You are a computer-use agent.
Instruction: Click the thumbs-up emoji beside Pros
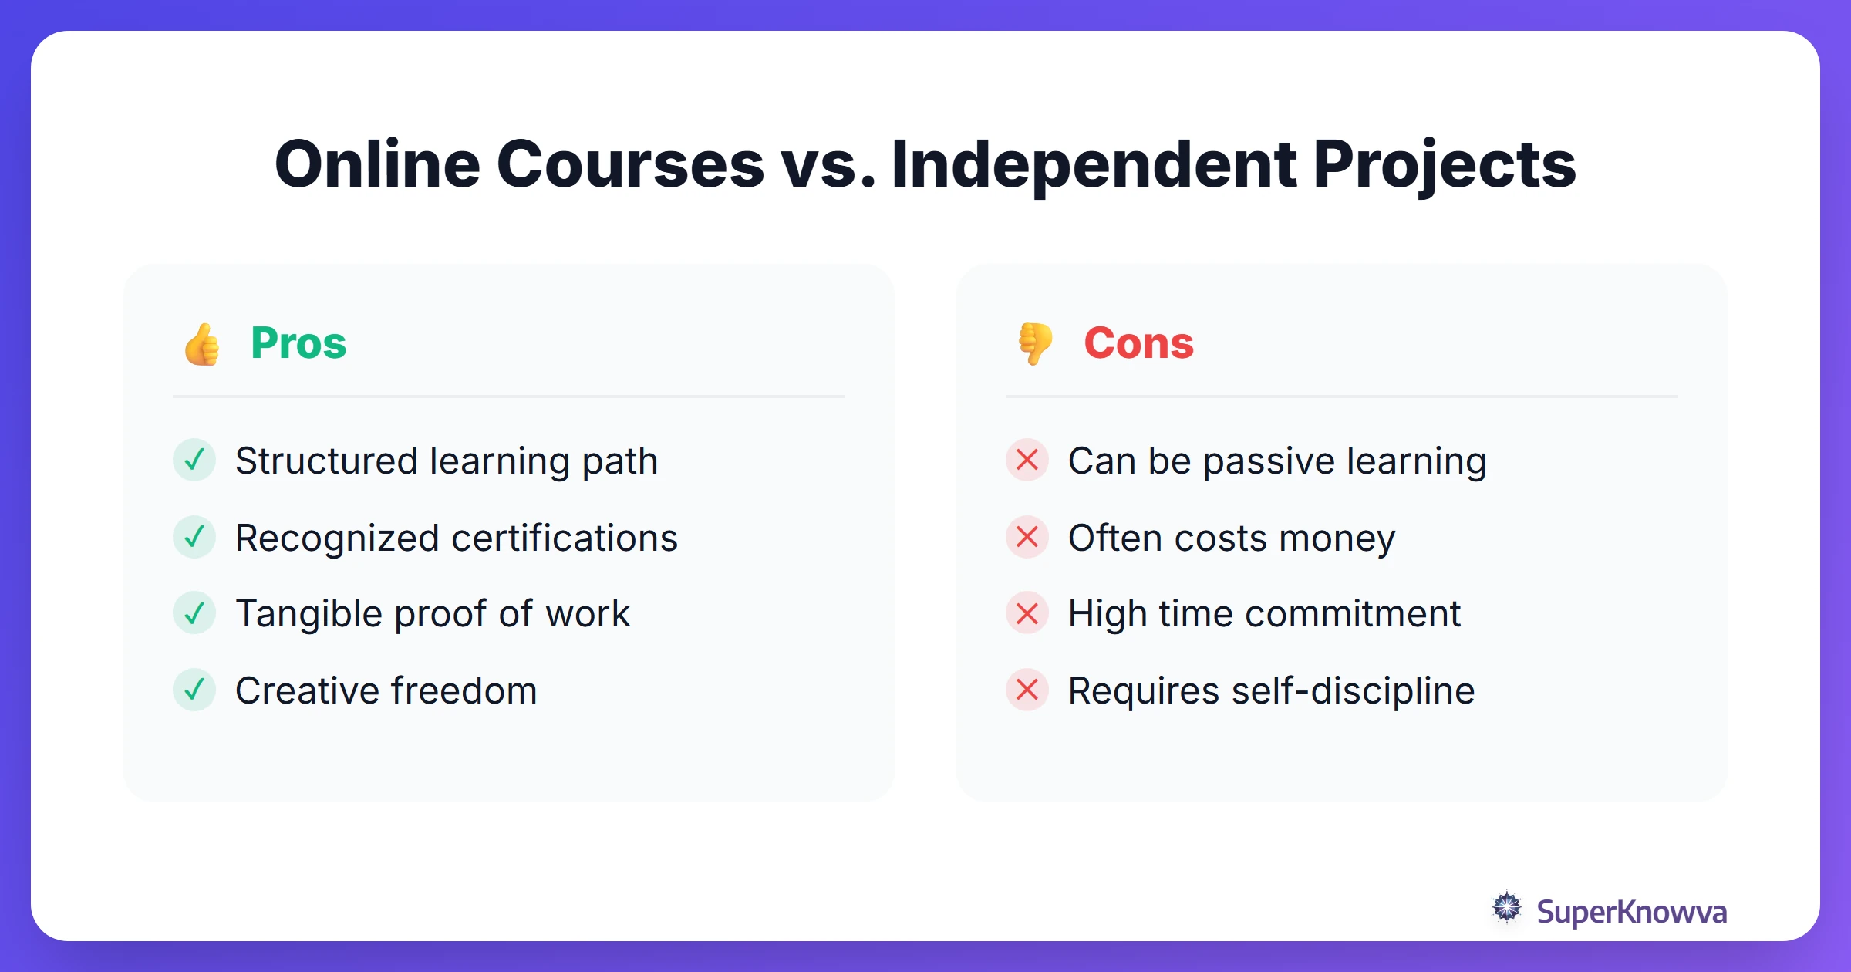[x=202, y=344]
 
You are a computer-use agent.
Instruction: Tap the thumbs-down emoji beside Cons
[x=1035, y=343]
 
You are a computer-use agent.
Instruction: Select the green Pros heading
[x=298, y=343]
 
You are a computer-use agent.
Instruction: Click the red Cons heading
[x=1138, y=343]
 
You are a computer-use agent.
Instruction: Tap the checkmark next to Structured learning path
[x=194, y=460]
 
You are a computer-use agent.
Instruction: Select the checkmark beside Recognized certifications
[x=194, y=537]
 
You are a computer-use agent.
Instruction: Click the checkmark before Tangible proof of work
[x=194, y=613]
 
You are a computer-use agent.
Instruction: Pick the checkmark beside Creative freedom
[x=194, y=690]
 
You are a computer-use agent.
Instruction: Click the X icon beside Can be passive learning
[x=1027, y=460]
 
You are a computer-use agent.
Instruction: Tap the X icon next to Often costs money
[x=1027, y=537]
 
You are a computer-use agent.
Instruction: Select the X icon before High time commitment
[x=1027, y=613]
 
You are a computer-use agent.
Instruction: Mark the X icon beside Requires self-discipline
[x=1027, y=690]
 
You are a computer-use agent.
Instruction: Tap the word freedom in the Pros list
[x=464, y=690]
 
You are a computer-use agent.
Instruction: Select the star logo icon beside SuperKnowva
[x=1507, y=908]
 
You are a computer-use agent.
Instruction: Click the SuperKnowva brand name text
[x=1631, y=912]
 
